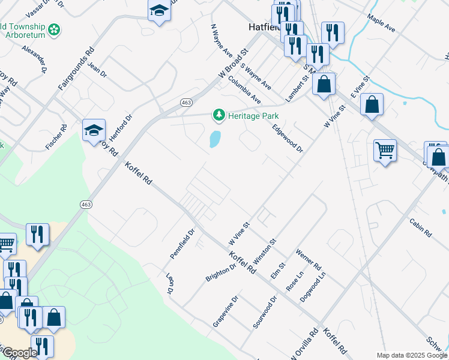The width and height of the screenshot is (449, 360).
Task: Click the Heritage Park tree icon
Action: pos(219,115)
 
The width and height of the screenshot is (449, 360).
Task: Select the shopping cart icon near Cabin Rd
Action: pos(385,150)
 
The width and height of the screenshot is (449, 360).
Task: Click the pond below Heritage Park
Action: pos(214,140)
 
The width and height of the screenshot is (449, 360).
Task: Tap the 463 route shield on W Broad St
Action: pos(186,103)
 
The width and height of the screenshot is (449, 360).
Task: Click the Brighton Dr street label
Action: pos(217,271)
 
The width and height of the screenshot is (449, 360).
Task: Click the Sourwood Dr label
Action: pos(264,312)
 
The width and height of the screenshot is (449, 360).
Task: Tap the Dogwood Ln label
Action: pos(314,287)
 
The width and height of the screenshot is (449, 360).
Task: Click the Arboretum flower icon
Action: pos(55,29)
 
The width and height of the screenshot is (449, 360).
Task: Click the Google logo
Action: pos(20,353)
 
